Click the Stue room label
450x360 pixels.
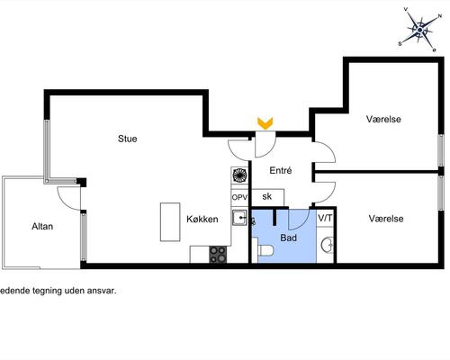(x=128, y=139)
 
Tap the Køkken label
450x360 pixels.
(x=202, y=219)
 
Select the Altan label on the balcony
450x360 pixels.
(x=42, y=226)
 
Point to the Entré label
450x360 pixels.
(x=281, y=170)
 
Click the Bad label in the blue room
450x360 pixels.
(x=289, y=238)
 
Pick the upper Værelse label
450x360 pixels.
(x=383, y=119)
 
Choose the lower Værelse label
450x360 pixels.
(x=386, y=219)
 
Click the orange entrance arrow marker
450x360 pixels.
(x=265, y=123)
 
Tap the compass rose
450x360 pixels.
(x=420, y=30)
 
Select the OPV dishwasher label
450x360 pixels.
(x=239, y=198)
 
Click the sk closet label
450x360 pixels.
(x=266, y=196)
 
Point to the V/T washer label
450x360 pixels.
(x=325, y=218)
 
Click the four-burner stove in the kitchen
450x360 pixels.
(x=218, y=255)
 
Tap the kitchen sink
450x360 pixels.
(x=239, y=218)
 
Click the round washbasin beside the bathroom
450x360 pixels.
(x=327, y=245)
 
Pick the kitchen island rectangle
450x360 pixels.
(x=170, y=222)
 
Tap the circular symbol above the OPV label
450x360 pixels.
(x=239, y=175)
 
